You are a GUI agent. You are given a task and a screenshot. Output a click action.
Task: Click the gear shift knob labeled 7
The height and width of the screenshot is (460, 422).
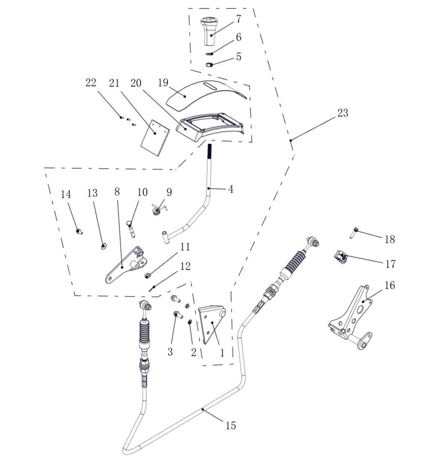pyautogui.click(x=209, y=32)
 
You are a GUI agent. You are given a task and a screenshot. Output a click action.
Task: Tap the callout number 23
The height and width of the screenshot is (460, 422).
pyautogui.click(x=342, y=113)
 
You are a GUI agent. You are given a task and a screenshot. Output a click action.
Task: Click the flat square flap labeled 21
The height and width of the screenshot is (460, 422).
pyautogui.click(x=155, y=137)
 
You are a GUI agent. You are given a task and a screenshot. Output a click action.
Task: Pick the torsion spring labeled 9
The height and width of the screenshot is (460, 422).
pyautogui.click(x=159, y=210)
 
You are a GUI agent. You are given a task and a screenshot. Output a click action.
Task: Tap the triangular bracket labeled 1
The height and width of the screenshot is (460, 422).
pyautogui.click(x=211, y=324)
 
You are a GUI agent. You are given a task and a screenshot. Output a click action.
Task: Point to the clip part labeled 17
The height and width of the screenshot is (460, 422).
pyautogui.click(x=340, y=257)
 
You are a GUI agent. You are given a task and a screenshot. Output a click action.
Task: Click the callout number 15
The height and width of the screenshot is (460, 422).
pyautogui.click(x=231, y=425)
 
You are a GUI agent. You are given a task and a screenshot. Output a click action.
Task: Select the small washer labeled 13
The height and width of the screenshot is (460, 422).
pyautogui.click(x=104, y=246)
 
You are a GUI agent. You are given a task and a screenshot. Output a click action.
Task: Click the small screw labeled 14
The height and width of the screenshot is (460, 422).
pyautogui.click(x=79, y=231)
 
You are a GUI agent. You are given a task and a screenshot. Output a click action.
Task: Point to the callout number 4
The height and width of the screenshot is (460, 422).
pyautogui.click(x=231, y=189)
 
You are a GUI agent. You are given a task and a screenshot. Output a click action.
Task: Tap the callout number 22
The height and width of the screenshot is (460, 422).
pyautogui.click(x=91, y=83)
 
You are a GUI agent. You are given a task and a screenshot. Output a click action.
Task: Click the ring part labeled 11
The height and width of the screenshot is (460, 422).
pyautogui.click(x=148, y=275)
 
